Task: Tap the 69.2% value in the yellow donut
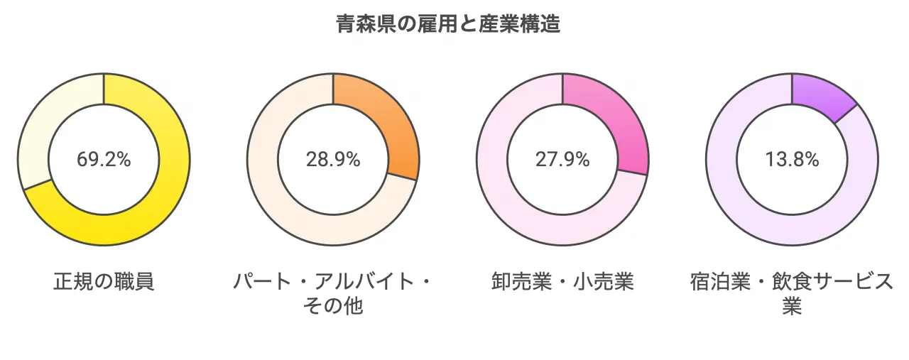coord(104,160)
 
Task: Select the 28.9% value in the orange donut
coord(333,160)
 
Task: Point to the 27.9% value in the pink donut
coord(562,160)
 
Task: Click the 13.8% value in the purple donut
coord(792,160)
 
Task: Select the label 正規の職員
coord(104,282)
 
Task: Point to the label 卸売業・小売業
coord(562,282)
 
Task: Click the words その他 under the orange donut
coord(333,307)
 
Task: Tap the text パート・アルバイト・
coord(333,282)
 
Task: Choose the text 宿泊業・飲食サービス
coord(792,282)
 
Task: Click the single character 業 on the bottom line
coord(792,307)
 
